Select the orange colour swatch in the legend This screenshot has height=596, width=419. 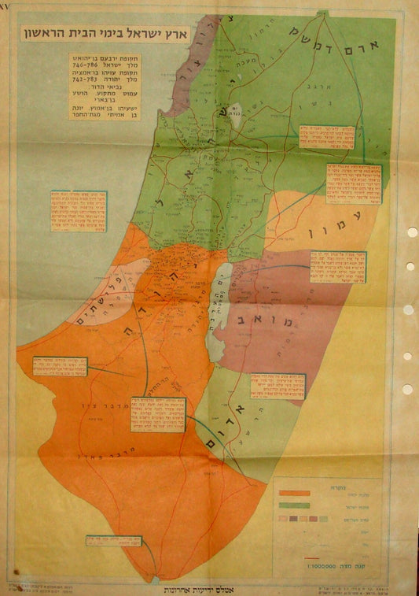[x=294, y=493]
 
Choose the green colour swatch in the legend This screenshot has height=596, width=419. [x=294, y=505]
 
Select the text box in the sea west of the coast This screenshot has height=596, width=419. [x=79, y=211]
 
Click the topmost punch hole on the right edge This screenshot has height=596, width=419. [x=411, y=233]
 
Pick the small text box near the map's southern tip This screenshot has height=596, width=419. [x=117, y=542]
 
